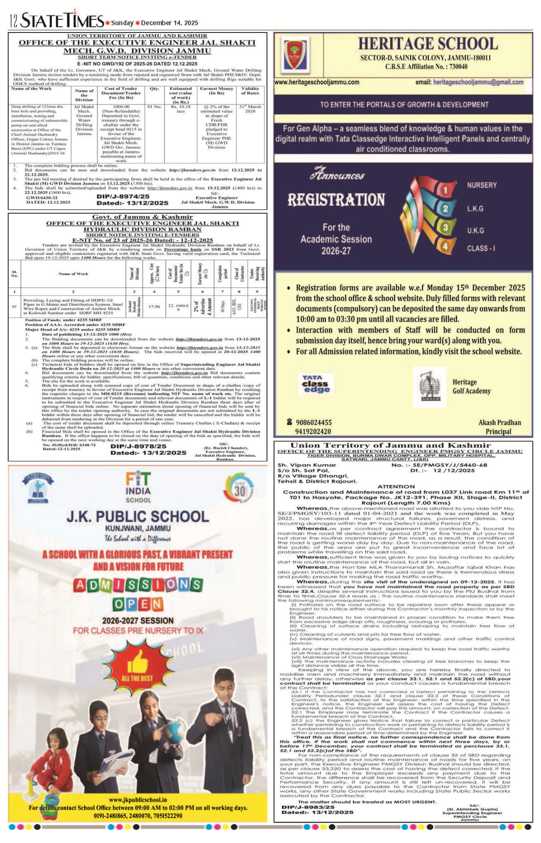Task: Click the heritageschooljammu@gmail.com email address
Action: point(478,82)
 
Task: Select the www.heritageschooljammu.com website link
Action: point(317,82)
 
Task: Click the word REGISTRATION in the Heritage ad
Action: point(336,200)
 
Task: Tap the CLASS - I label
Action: point(481,248)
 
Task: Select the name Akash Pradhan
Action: point(500,423)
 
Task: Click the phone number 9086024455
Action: point(313,423)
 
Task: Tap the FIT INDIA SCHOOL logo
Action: point(138,487)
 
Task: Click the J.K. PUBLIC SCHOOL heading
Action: point(138,516)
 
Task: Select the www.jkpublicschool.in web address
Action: point(138,800)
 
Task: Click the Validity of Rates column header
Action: point(250,91)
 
